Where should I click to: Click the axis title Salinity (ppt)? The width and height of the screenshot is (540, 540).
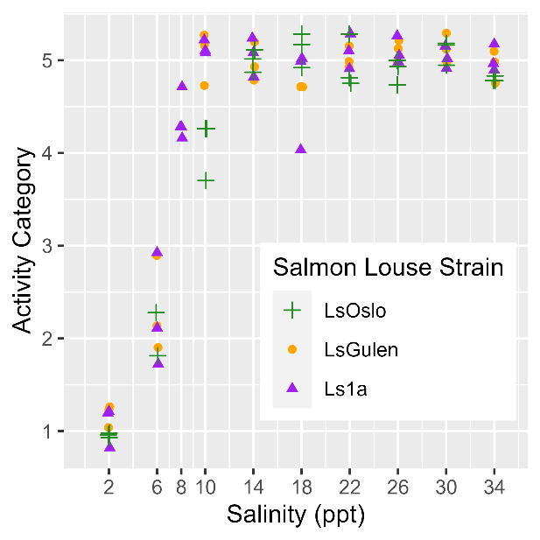coord(296,515)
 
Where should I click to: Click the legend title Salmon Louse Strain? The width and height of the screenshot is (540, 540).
coord(388,268)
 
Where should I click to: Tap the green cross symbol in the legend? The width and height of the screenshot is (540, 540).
coord(292,310)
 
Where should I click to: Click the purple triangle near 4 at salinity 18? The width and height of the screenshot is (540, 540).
coord(301,149)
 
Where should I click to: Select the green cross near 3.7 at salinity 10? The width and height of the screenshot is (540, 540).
coord(206,180)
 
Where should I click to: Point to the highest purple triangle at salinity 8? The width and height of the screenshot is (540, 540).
coord(182,86)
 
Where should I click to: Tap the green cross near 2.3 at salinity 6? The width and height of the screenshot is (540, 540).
coord(157,312)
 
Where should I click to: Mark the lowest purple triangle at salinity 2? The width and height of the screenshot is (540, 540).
coord(109,446)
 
